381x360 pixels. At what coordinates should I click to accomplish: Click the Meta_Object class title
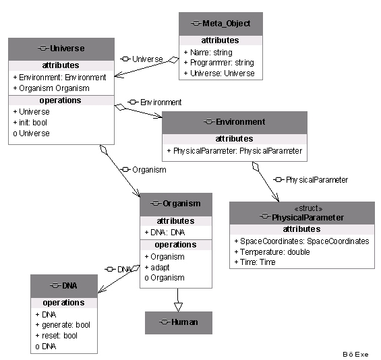pos(226,24)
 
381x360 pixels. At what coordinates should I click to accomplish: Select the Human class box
pos(179,323)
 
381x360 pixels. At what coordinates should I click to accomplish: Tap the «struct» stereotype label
pos(308,208)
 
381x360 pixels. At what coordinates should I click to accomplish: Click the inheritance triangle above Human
pos(178,307)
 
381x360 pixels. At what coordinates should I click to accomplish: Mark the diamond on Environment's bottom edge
pos(256,167)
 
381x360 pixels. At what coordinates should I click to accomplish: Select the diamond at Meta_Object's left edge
pos(174,60)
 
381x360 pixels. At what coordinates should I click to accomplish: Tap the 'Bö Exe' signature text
pos(355,355)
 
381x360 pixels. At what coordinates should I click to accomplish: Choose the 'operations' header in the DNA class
pos(63,303)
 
